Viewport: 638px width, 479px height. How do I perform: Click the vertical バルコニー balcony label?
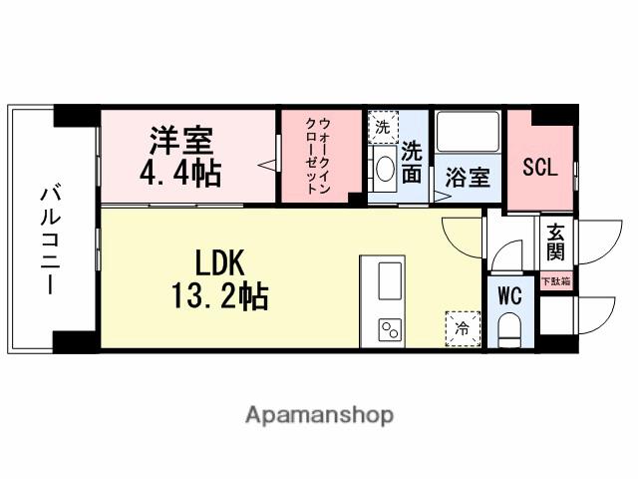pos(47,230)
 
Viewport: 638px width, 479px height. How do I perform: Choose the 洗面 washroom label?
pos(413,162)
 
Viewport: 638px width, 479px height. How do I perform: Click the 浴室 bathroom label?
pos(467,179)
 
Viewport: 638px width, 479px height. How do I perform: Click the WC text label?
pos(509,295)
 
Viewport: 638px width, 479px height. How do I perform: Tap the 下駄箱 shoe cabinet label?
pos(554,282)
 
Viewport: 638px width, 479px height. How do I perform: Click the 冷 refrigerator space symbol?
pos(462,327)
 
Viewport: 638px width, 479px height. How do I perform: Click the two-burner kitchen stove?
pos(389,329)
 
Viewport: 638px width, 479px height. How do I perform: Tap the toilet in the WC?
pos(510,326)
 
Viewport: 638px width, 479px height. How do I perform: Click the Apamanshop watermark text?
pos(319,414)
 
